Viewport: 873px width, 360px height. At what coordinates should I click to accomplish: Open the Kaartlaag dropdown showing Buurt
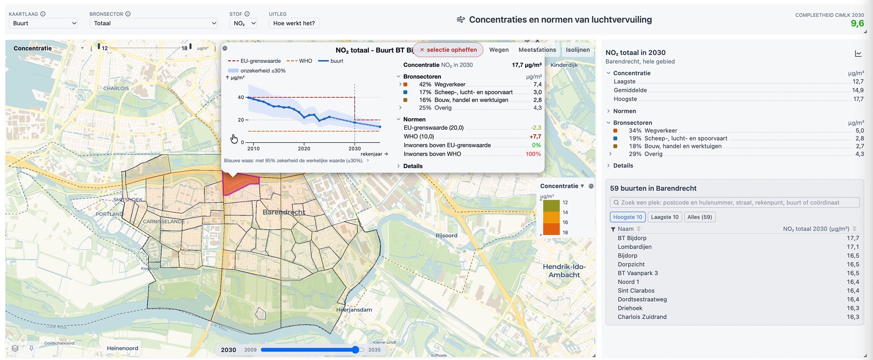tap(43, 23)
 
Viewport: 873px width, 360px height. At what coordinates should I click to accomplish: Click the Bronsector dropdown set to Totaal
tap(153, 23)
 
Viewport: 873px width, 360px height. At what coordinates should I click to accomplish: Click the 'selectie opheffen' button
tap(448, 50)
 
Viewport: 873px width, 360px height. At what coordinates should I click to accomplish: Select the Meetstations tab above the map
tap(537, 50)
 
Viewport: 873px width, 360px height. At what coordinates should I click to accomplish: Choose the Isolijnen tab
tap(577, 50)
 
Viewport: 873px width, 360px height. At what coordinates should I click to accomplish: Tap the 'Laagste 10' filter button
tap(664, 217)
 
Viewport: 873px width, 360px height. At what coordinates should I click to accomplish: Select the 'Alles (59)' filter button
tap(700, 217)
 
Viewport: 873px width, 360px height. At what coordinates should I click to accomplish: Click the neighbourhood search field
tap(735, 202)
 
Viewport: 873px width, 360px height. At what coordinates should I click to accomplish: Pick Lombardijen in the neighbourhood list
tap(635, 247)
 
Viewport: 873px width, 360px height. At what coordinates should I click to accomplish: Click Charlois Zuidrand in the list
tap(642, 317)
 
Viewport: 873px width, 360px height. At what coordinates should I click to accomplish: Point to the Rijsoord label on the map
tap(446, 236)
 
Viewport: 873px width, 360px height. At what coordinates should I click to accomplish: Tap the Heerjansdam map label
tap(354, 310)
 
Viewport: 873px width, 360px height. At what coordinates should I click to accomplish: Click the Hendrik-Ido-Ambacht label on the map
tap(564, 271)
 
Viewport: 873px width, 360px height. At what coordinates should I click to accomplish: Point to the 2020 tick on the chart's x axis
tap(304, 148)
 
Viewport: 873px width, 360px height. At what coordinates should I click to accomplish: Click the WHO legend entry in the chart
tap(299, 61)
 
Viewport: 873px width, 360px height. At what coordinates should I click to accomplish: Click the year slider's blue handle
tap(355, 350)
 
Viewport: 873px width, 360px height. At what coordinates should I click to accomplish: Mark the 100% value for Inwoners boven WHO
tap(533, 154)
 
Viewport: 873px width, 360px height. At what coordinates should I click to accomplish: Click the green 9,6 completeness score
tap(857, 24)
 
